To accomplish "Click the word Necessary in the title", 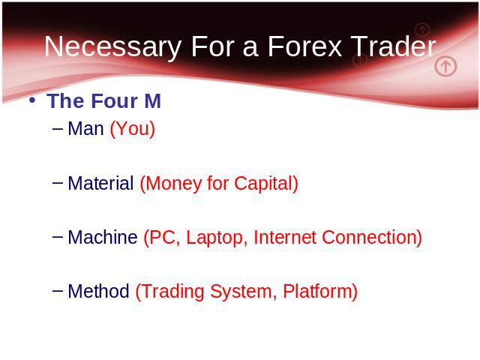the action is click(x=113, y=47).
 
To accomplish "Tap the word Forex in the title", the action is click(x=305, y=46).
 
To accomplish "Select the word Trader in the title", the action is click(x=393, y=46).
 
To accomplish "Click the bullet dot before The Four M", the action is click(x=31, y=100).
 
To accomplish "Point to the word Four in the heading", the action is click(x=115, y=100).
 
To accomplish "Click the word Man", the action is click(x=85, y=128).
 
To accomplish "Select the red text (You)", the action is click(x=133, y=129).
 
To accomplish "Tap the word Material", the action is click(x=100, y=183).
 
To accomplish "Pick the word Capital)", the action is click(x=266, y=184).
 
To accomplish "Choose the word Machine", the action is click(x=103, y=237).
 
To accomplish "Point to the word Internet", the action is click(x=285, y=237).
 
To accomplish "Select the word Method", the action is click(x=98, y=291).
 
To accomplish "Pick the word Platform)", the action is click(x=320, y=292).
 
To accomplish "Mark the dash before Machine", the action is click(x=58, y=236).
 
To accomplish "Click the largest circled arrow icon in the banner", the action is click(x=445, y=66).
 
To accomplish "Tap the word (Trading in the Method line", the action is click(x=170, y=292).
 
